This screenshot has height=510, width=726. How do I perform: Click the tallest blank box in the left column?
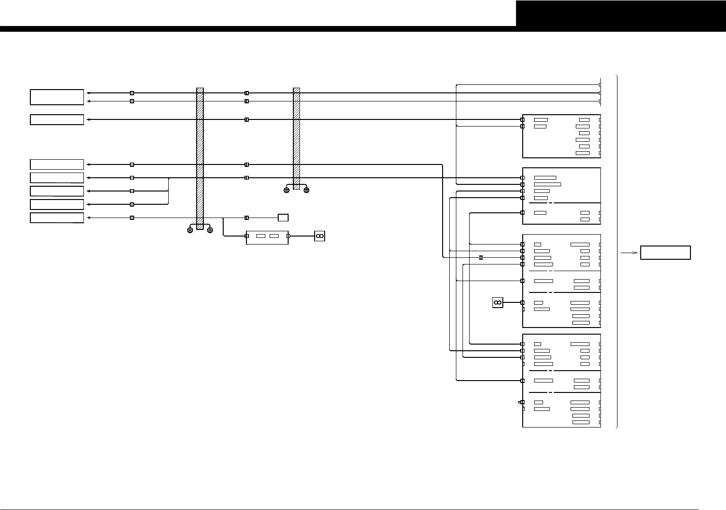pos(57,97)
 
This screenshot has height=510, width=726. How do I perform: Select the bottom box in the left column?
pos(57,218)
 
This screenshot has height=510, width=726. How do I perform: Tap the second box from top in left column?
pos(57,119)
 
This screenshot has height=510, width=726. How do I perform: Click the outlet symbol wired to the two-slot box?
pos(319,236)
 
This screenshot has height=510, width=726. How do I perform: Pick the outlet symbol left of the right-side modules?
pos(498,302)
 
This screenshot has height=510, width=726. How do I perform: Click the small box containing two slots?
pos(267,236)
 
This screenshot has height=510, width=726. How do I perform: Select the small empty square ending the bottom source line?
pos(283,218)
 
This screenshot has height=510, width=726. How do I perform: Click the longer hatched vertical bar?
pos(200,158)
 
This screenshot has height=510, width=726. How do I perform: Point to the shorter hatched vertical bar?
pos(297,138)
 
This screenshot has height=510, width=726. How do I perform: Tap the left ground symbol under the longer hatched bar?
pos(190,230)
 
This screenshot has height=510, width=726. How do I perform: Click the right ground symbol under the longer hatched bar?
pos(210,230)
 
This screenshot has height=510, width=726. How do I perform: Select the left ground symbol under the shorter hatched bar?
pos(286,190)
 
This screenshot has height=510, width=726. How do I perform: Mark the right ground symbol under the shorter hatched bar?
pos(307,190)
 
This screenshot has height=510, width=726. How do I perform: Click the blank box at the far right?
pos(665,253)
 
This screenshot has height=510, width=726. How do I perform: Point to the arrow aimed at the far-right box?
pos(628,253)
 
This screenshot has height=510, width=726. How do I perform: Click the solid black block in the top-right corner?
pos(621,13)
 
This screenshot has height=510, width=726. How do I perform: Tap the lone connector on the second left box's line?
pos(246,119)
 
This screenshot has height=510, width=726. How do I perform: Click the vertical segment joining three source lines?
pos(169,191)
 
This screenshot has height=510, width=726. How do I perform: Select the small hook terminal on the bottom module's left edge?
pos(521,402)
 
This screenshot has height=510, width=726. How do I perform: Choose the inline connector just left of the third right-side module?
pos(481,257)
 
